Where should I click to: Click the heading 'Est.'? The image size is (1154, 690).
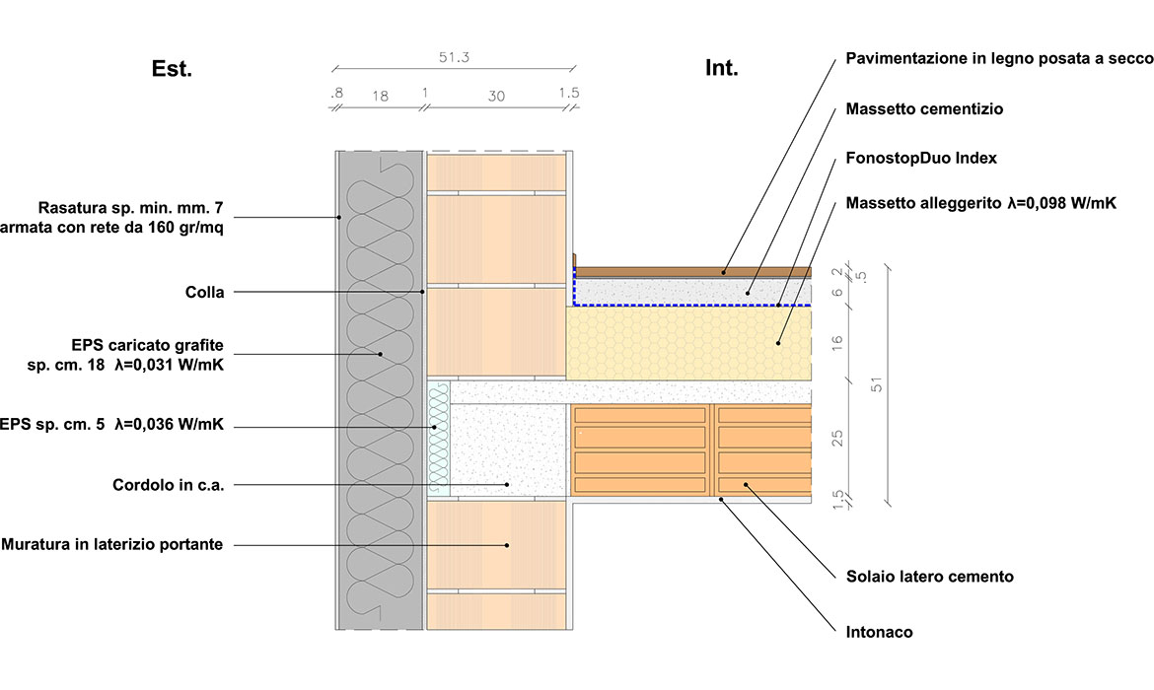tap(172, 69)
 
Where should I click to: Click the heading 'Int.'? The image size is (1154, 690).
tap(721, 68)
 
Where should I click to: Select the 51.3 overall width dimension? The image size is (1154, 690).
tap(454, 58)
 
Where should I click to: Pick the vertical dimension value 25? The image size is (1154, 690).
tap(838, 438)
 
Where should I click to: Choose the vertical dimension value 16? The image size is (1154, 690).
tap(838, 342)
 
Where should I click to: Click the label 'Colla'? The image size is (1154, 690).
tap(204, 292)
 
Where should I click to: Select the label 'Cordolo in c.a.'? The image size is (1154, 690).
tap(169, 485)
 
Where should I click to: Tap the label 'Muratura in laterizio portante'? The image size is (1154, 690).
tap(111, 544)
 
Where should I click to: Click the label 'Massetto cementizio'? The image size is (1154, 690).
tap(924, 109)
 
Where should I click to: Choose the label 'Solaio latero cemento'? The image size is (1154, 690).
tap(929, 577)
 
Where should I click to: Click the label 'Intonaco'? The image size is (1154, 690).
tap(880, 632)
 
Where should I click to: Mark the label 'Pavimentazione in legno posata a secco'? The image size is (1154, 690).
tap(998, 59)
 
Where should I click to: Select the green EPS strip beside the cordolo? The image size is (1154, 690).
tap(439, 439)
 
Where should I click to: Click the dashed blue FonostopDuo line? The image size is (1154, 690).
tap(690, 306)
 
